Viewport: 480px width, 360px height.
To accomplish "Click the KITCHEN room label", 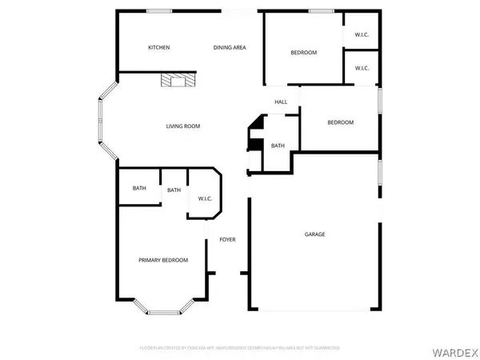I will pos(158,48).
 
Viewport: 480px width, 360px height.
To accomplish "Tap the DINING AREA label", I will pos(230,48).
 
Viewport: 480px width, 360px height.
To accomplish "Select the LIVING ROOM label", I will pos(182,126).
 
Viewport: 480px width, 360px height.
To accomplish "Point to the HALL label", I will pos(281,102).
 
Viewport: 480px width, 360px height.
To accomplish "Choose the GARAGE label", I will pos(314,234).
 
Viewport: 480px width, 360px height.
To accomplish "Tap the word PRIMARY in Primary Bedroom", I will pos(150,260).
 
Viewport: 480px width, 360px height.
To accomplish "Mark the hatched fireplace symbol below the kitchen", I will pos(176,79).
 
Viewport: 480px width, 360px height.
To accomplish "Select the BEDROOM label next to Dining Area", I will pos(303,53).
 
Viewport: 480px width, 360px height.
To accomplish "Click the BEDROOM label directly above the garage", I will pos(340,122).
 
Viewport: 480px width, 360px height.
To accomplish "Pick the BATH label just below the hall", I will pos(278,146).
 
